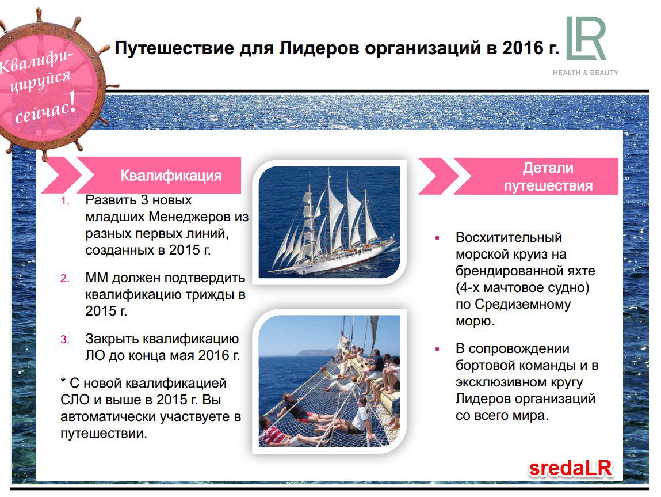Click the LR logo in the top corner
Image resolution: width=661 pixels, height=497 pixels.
(586, 39)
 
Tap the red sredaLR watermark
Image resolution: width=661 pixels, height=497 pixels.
(570, 468)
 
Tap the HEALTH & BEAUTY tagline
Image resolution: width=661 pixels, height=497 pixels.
(586, 73)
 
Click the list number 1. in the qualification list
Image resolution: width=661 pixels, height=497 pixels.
(65, 201)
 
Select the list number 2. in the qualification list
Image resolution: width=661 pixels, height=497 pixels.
(65, 279)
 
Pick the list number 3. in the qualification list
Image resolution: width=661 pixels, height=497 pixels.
(65, 340)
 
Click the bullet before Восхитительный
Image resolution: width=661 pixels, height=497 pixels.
(437, 238)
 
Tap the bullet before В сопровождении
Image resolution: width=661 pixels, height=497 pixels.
(437, 350)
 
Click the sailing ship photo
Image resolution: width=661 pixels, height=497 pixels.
(329, 222)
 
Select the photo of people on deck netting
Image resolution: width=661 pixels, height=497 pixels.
(329, 381)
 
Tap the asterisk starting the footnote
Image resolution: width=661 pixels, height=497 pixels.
(63, 381)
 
